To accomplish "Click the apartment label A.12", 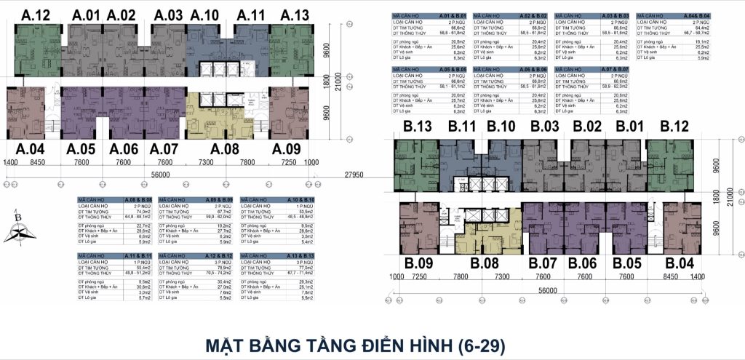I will pos(36,15).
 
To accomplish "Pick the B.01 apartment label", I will pos(630,128).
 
